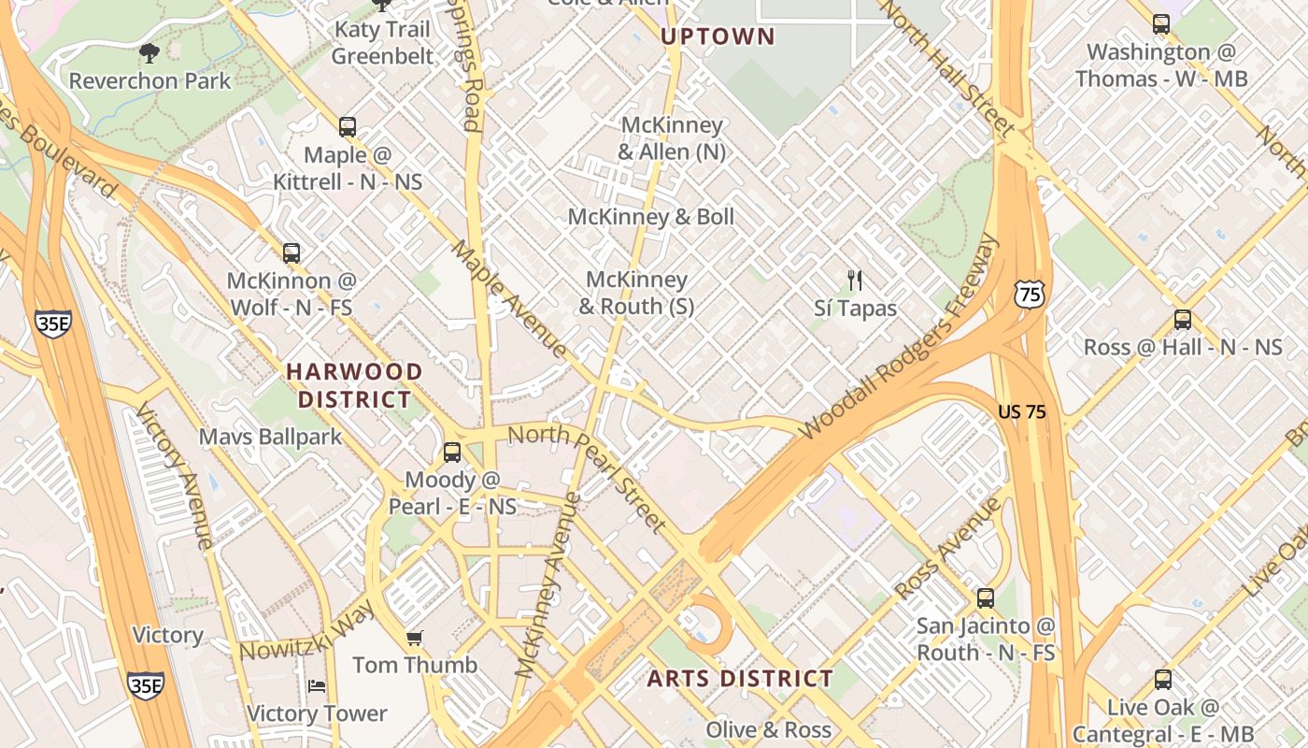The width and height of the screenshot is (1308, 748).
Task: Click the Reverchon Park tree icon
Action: pyautogui.click(x=149, y=52)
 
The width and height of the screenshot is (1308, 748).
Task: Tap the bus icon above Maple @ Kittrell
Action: pyautogui.click(x=348, y=126)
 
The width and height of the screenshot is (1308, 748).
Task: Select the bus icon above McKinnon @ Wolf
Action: pyautogui.click(x=291, y=252)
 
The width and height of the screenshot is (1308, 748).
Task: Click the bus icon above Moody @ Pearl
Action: pyautogui.click(x=452, y=453)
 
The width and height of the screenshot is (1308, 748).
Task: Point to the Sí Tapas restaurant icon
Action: pyautogui.click(x=854, y=280)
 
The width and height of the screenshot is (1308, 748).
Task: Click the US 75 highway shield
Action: pyautogui.click(x=1028, y=295)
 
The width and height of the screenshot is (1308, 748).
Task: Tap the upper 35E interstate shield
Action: pyautogui.click(x=53, y=324)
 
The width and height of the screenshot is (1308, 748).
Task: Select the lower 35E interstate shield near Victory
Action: pyautogui.click(x=145, y=684)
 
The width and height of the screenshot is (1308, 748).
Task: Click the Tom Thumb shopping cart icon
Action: pyautogui.click(x=415, y=638)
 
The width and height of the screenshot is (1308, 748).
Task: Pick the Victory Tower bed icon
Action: pyautogui.click(x=317, y=686)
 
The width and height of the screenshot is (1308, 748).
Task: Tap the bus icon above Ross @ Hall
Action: pyautogui.click(x=1183, y=320)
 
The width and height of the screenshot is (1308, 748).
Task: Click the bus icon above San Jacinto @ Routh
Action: pyautogui.click(x=986, y=598)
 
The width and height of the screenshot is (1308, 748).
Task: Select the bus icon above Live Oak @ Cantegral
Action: pyautogui.click(x=1163, y=680)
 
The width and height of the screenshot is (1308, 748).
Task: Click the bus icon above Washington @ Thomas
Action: pyautogui.click(x=1161, y=24)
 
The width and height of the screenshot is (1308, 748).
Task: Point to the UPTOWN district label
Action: pyautogui.click(x=718, y=37)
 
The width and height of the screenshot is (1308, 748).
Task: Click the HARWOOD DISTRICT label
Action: pyautogui.click(x=354, y=385)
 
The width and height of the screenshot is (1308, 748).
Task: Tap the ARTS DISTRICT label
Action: pyautogui.click(x=740, y=679)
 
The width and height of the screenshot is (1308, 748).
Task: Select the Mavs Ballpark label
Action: pyautogui.click(x=270, y=437)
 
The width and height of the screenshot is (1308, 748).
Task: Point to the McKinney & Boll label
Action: pyautogui.click(x=651, y=217)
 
